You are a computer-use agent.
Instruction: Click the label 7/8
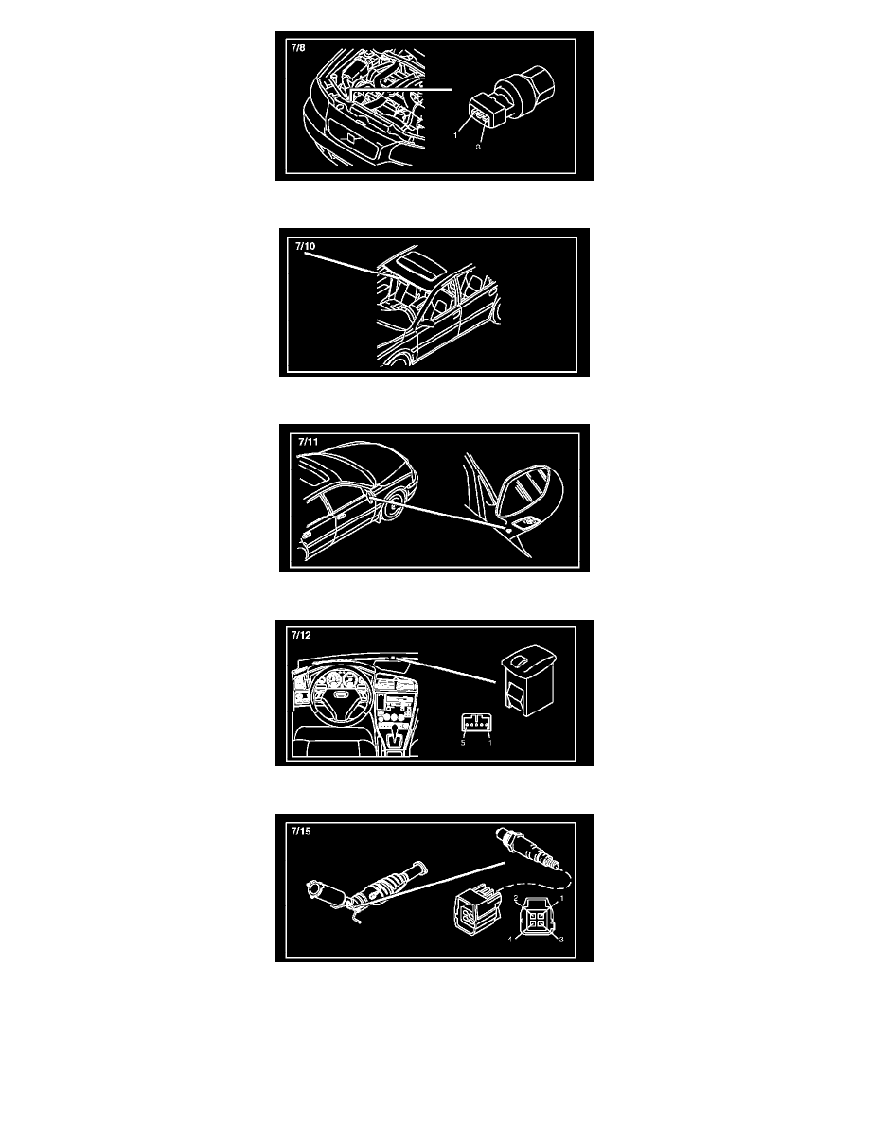[297, 48]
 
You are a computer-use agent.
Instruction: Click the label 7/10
[306, 246]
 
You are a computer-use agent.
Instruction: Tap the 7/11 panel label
[309, 442]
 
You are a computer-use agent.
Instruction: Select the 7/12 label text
[301, 635]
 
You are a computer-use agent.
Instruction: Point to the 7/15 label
[301, 831]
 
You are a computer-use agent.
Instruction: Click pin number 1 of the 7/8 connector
[455, 135]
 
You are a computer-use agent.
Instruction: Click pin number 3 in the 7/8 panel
[478, 147]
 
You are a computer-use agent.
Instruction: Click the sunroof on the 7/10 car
[412, 259]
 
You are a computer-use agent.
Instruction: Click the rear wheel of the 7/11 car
[391, 508]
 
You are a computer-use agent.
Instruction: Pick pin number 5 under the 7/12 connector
[463, 743]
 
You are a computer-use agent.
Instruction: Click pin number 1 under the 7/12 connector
[490, 743]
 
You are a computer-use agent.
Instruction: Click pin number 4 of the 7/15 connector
[510, 940]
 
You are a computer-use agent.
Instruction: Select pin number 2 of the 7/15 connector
[516, 898]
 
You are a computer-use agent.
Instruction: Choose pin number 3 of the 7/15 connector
[561, 940]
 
